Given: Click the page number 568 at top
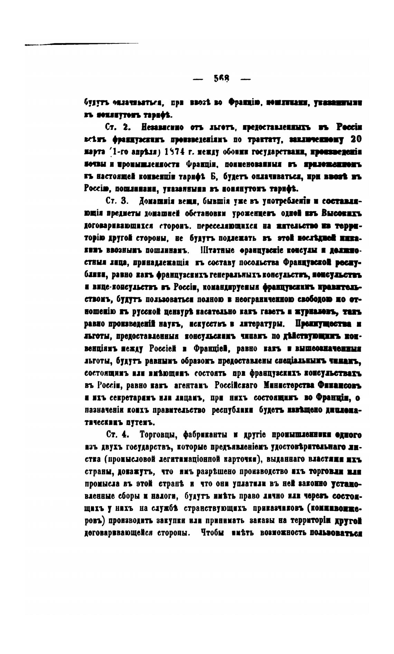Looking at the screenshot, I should click(222, 79).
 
